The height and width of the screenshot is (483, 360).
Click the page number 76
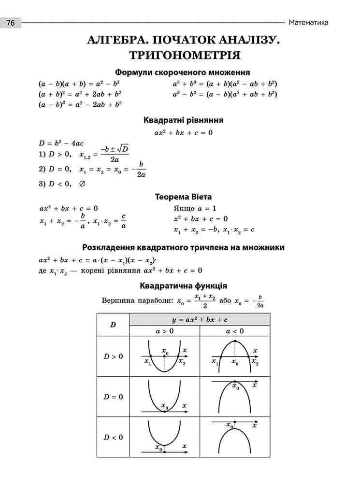[x=11, y=23]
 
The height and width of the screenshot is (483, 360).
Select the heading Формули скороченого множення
[x=182, y=72]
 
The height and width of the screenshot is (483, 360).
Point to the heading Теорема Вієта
[x=183, y=197]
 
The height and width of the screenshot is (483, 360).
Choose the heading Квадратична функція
[x=183, y=286]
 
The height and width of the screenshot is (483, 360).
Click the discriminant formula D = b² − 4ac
[x=61, y=143]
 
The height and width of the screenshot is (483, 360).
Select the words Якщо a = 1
[x=195, y=209]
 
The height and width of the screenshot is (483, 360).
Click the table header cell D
[x=113, y=325]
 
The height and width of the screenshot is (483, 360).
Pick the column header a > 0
[x=165, y=331]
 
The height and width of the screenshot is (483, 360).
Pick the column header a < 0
[x=235, y=331]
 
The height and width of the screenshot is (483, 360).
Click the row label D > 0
[x=113, y=356]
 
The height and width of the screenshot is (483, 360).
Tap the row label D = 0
[x=113, y=397]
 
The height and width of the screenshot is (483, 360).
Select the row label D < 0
[x=113, y=437]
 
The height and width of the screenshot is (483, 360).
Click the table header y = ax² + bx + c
[x=200, y=320]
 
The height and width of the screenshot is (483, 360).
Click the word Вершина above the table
[x=116, y=300]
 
